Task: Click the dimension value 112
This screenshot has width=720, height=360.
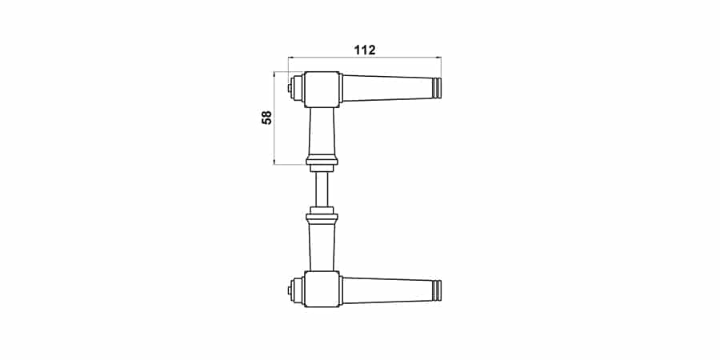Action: click(x=365, y=50)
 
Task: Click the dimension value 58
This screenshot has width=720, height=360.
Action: click(x=266, y=118)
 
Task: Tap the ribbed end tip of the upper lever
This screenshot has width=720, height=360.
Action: click(x=438, y=88)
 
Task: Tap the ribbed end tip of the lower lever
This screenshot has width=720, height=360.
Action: click(x=438, y=290)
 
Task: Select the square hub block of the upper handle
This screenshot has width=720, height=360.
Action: click(x=322, y=90)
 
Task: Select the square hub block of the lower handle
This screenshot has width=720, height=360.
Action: click(x=322, y=290)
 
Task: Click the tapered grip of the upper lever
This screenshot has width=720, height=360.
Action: click(x=389, y=88)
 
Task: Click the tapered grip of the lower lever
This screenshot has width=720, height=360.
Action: click(x=389, y=290)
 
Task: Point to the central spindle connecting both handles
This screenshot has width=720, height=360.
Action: click(x=322, y=190)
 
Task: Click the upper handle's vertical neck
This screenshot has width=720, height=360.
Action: click(x=322, y=132)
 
